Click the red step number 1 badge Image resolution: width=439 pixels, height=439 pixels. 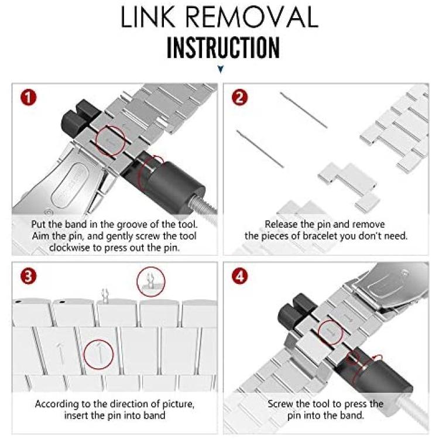click(x=28, y=98)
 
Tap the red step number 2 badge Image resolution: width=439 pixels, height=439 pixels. click(x=239, y=98)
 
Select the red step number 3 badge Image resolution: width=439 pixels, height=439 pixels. click(x=28, y=276)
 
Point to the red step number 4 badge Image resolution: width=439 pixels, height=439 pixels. click(x=240, y=276)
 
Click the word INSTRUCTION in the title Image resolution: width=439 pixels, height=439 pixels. click(x=223, y=47)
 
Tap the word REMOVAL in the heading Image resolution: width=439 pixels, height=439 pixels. click(x=252, y=17)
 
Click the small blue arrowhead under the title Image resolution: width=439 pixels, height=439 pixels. click(x=221, y=69)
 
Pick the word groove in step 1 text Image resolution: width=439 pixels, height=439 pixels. click(x=133, y=225)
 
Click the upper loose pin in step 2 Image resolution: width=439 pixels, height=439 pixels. click(x=303, y=110)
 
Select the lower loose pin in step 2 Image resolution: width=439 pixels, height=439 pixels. click(x=260, y=149)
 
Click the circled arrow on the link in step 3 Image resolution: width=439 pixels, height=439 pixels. click(x=98, y=355)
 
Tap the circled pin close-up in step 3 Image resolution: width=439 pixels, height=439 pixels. click(x=151, y=282)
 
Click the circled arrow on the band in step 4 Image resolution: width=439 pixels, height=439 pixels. click(x=331, y=332)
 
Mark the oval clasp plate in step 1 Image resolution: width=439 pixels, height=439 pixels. click(x=70, y=186)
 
